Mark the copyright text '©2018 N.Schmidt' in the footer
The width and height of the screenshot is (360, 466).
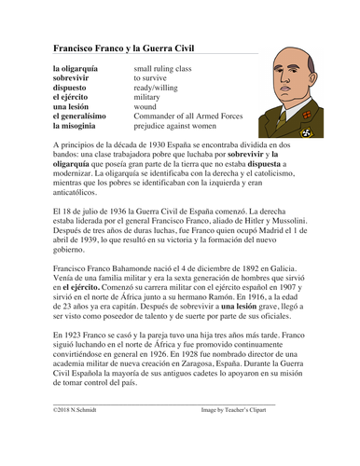click(77, 436)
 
